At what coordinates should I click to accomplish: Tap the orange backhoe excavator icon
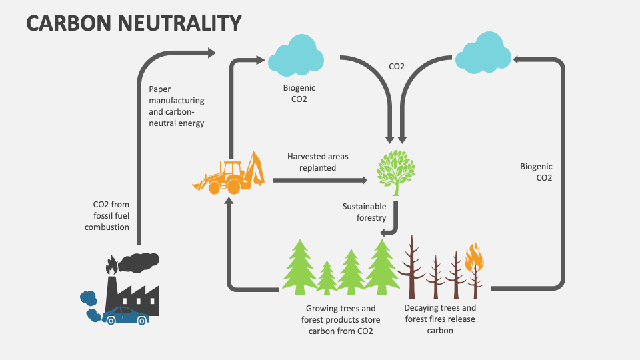click(229, 173)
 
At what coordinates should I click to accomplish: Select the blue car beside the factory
click(127, 315)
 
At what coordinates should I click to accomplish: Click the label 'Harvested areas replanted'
click(317, 162)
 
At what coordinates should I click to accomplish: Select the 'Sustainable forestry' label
click(365, 212)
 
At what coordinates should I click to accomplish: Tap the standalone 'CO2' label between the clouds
click(397, 66)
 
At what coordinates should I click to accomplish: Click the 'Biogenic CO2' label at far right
click(536, 172)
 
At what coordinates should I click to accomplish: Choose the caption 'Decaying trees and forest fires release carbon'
click(440, 319)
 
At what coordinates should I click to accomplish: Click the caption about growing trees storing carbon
click(341, 319)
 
